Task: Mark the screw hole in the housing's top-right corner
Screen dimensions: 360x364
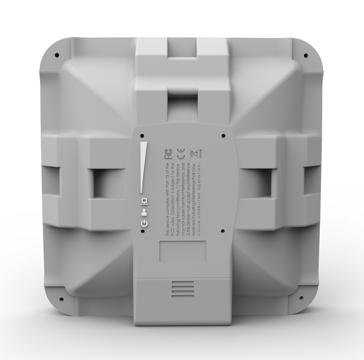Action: [306, 55]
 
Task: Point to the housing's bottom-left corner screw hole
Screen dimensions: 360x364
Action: [61, 299]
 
